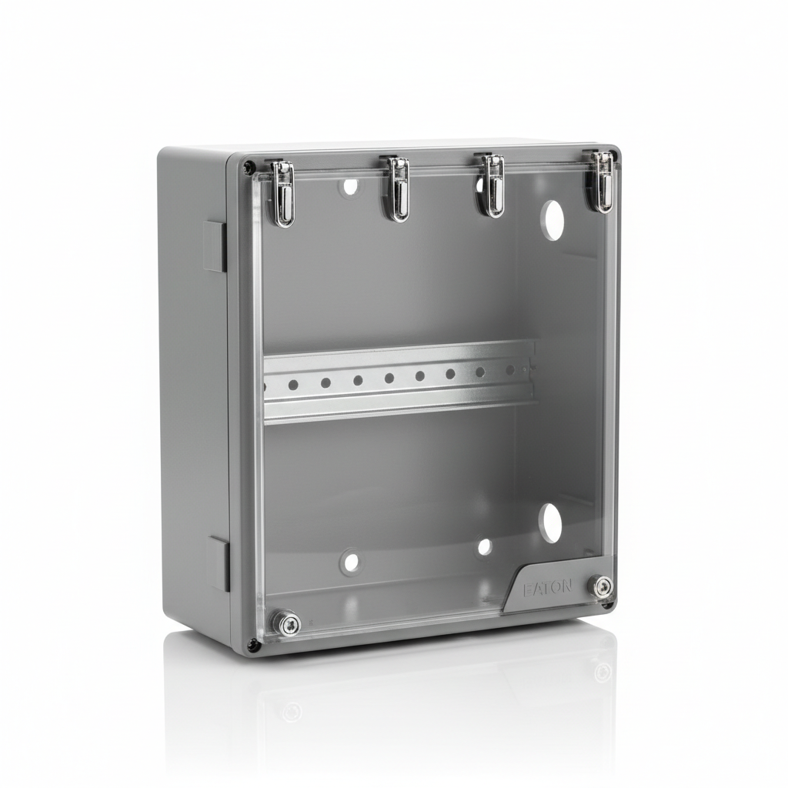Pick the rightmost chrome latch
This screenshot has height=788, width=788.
603,182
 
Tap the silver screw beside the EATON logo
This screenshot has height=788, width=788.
603,586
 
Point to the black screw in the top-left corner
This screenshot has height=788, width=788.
248,166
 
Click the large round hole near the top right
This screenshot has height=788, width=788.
553,218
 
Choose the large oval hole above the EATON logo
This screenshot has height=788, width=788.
550,522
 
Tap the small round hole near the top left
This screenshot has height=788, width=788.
350,185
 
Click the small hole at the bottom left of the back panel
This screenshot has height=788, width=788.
351,562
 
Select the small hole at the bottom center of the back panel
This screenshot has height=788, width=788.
485,547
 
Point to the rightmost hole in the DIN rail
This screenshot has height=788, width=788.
509,370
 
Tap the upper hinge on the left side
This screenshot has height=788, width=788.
215,246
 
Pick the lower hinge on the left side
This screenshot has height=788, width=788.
218,564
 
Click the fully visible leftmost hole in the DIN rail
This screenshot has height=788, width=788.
293,385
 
